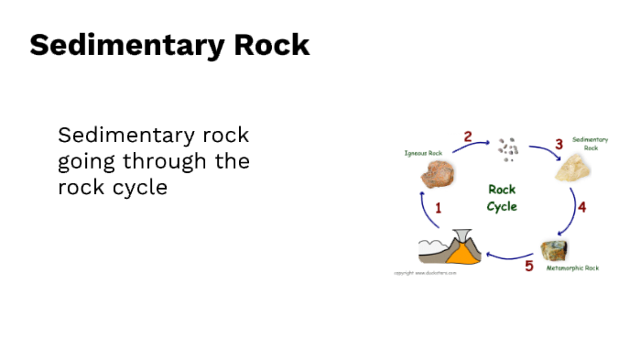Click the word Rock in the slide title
tap(272, 45)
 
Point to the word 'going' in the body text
tap(86, 163)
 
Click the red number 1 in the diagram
tap(438, 208)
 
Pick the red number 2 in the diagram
tap(468, 137)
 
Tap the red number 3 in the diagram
tap(559, 145)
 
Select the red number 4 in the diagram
tap(581, 207)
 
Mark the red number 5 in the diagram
tap(528, 267)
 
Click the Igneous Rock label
tap(423, 153)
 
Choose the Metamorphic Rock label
tap(572, 268)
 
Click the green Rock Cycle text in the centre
tap(501, 197)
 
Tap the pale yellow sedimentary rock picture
tap(574, 168)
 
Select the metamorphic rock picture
tap(555, 249)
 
